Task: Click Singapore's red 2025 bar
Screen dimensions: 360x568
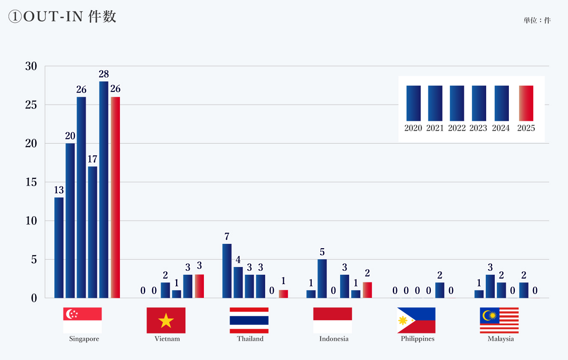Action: [x=115, y=197]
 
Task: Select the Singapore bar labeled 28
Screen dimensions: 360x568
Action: [x=104, y=189]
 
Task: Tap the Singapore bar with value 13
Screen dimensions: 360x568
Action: [x=59, y=247]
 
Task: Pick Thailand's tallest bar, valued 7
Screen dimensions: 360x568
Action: [x=227, y=270]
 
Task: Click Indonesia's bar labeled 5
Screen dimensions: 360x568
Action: [x=322, y=278]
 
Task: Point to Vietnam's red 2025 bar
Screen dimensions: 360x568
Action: [x=199, y=286]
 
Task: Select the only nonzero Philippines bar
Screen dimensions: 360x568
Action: [x=439, y=290]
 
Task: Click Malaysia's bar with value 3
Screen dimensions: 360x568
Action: [x=490, y=286]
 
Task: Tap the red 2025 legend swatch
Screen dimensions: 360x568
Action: [x=526, y=103]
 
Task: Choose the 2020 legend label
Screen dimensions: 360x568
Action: [x=413, y=128]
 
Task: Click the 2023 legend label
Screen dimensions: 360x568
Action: [x=478, y=128]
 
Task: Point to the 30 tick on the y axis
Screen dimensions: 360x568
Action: [x=31, y=66]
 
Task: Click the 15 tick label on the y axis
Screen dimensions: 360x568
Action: [x=31, y=182]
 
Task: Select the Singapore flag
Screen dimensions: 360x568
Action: [x=82, y=320]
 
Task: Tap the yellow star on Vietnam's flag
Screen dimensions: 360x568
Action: [x=166, y=321]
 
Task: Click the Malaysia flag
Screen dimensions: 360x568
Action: [x=499, y=320]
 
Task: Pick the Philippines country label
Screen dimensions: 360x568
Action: [x=418, y=339]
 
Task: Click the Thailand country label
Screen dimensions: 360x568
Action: [x=250, y=339]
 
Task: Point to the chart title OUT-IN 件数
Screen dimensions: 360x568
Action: [x=63, y=17]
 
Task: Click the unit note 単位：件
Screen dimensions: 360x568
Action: [x=537, y=20]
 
